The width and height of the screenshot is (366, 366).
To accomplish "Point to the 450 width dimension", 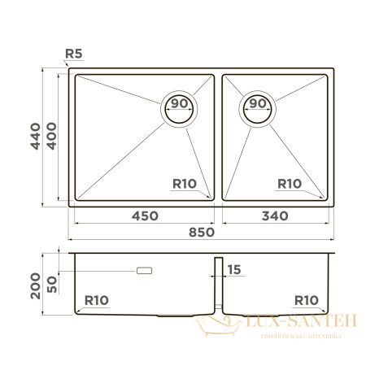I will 144,216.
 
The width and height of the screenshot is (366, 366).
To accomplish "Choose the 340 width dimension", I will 277,216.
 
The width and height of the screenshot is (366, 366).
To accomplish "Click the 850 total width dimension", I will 201,232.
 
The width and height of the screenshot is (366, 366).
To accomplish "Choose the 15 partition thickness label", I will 235,269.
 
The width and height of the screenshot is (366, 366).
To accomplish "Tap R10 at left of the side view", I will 96,301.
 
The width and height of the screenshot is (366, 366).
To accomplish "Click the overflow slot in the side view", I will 146,268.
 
